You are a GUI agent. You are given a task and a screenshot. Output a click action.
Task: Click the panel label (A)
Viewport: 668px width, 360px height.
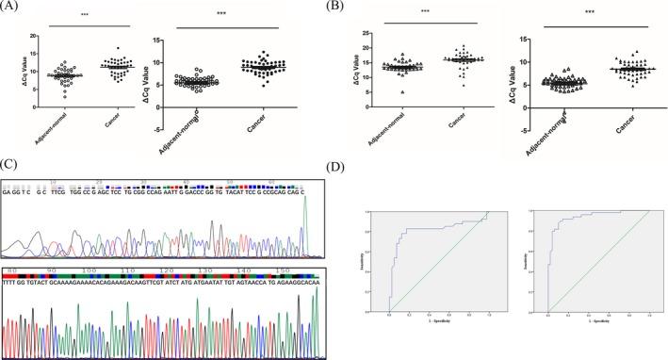pos(13,8)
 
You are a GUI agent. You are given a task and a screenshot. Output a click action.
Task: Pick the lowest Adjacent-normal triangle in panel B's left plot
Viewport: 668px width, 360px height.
pos(403,92)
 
